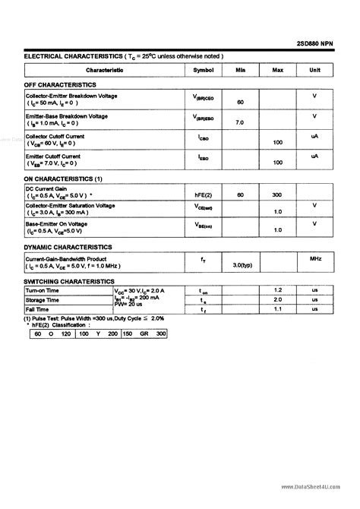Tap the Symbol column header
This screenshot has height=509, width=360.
tap(204, 70)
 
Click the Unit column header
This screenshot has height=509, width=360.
tap(314, 70)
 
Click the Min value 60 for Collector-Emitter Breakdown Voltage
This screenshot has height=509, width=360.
tap(240, 103)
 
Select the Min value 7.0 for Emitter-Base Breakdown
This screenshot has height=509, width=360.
tap(240, 122)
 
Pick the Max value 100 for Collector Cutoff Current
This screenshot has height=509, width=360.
tap(277, 142)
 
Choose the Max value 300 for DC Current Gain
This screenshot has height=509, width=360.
tap(277, 195)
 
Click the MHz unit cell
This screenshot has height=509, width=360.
tap(314, 260)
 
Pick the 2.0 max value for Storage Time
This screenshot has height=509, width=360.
tap(277, 300)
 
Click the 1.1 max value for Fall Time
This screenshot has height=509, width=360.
tap(277, 309)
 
